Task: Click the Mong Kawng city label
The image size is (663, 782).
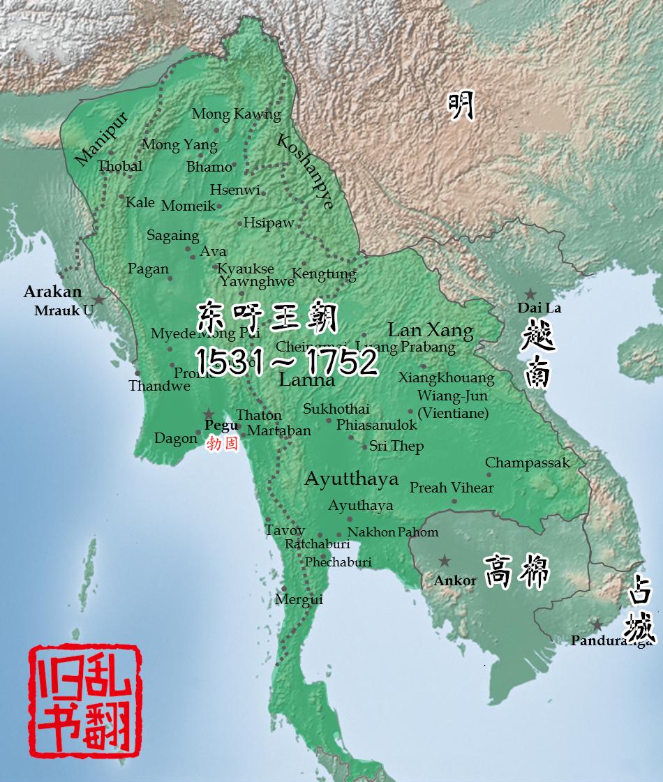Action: (x=236, y=114)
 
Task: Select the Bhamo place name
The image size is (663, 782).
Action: (x=209, y=167)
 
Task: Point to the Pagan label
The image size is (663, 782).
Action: (x=148, y=269)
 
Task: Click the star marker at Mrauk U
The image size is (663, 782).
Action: (x=99, y=299)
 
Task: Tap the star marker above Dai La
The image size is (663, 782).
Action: (x=531, y=294)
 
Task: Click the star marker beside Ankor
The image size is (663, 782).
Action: (x=444, y=560)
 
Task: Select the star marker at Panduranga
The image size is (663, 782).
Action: (x=597, y=625)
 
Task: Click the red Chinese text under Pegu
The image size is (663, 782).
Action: (x=223, y=442)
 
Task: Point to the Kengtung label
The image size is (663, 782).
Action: (x=324, y=273)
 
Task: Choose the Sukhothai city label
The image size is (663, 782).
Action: (x=336, y=409)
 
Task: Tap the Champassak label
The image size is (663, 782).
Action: (x=528, y=463)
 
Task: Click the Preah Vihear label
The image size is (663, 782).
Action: (x=452, y=488)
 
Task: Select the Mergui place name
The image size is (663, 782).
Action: (x=299, y=599)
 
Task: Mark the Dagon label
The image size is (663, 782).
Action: (x=175, y=439)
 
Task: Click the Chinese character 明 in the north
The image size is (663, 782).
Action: (x=461, y=106)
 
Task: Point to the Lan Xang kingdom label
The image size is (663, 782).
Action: (x=431, y=330)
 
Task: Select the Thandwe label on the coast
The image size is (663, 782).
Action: (x=159, y=386)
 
